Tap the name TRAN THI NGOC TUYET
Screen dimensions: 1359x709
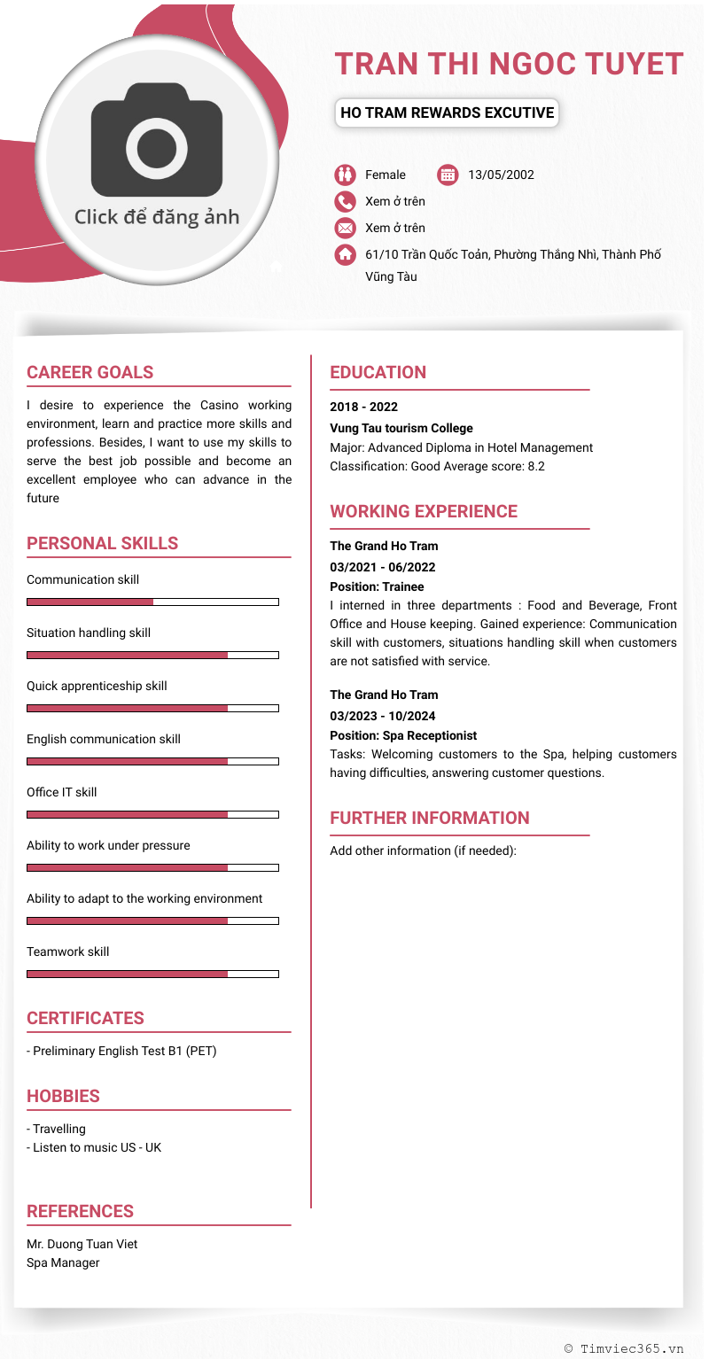point(509,64)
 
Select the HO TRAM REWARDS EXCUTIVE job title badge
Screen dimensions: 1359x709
point(447,113)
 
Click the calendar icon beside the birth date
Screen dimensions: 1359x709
point(448,175)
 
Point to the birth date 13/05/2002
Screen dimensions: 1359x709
point(501,175)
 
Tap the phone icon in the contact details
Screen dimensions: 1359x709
point(345,201)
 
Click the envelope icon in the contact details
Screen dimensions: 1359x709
point(345,228)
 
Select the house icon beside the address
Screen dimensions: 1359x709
point(345,254)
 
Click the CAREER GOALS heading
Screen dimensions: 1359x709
point(90,372)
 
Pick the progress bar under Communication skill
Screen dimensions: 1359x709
point(152,602)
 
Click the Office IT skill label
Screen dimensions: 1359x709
point(62,792)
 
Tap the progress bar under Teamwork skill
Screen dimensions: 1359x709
point(152,974)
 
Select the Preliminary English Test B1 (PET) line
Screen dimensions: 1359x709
point(122,1051)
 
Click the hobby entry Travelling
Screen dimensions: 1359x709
point(57,1129)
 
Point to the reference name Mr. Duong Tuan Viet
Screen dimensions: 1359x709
point(82,1244)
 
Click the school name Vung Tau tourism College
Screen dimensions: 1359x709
point(401,428)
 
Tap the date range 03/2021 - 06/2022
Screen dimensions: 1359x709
point(383,567)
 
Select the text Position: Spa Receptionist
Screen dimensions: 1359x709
point(403,735)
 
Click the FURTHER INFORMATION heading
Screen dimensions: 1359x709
point(430,818)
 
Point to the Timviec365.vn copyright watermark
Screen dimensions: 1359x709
point(624,1347)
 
